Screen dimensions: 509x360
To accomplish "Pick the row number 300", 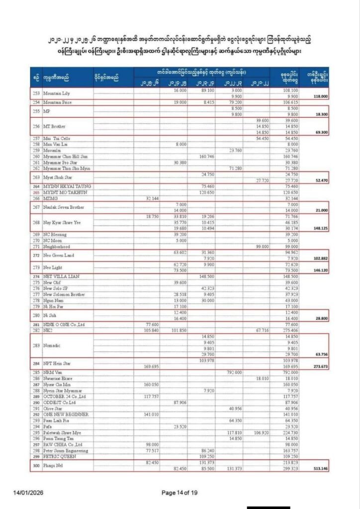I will (x=35, y=465).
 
